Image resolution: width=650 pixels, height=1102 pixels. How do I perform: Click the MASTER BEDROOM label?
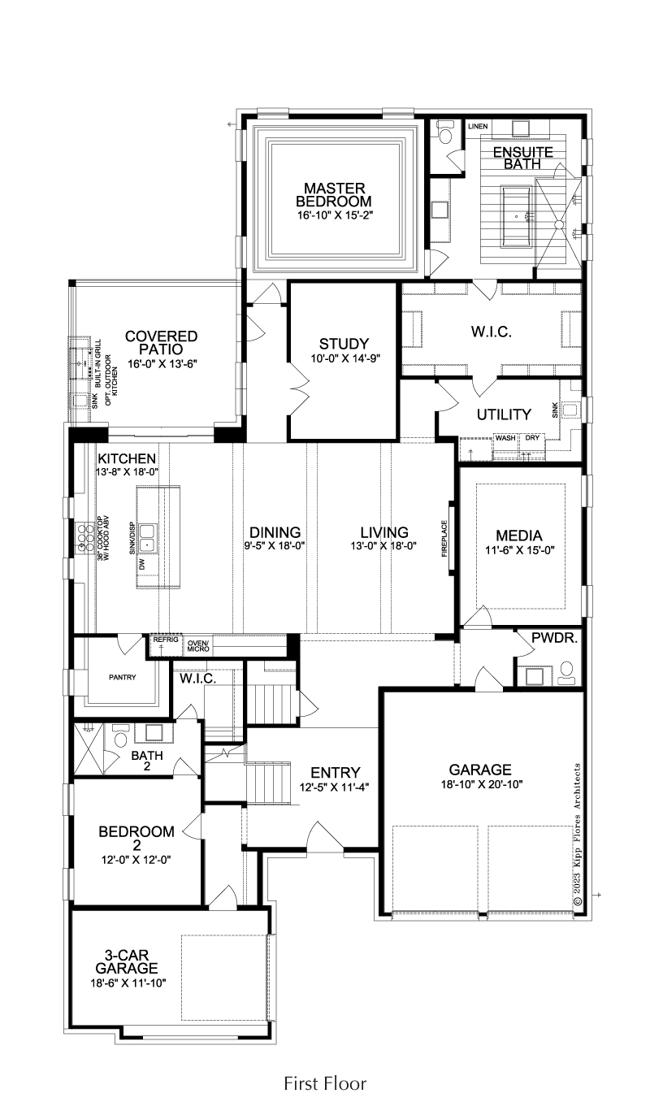click(333, 195)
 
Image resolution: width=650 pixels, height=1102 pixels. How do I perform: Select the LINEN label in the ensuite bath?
click(478, 127)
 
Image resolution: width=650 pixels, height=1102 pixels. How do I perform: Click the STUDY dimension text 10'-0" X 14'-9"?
click(345, 358)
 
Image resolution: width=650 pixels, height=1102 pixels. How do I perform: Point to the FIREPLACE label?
click(444, 538)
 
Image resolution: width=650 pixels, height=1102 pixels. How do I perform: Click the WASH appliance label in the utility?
click(505, 438)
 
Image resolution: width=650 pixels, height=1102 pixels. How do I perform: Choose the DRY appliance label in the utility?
click(532, 438)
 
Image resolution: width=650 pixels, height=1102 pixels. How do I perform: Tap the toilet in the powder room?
click(567, 672)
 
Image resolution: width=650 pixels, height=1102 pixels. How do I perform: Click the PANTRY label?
click(123, 678)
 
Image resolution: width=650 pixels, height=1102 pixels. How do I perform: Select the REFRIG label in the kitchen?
click(165, 640)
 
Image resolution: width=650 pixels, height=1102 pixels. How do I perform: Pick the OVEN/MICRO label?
click(198, 646)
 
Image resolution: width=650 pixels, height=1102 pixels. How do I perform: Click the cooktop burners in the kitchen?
click(84, 538)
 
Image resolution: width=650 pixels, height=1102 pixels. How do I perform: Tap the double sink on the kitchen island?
click(146, 538)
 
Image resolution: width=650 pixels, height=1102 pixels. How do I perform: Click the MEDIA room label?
click(519, 536)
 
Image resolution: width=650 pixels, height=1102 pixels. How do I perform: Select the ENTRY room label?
click(336, 772)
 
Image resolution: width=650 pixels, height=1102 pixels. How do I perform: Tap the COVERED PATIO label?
click(161, 343)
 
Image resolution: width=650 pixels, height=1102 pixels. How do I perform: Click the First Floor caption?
click(325, 1082)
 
